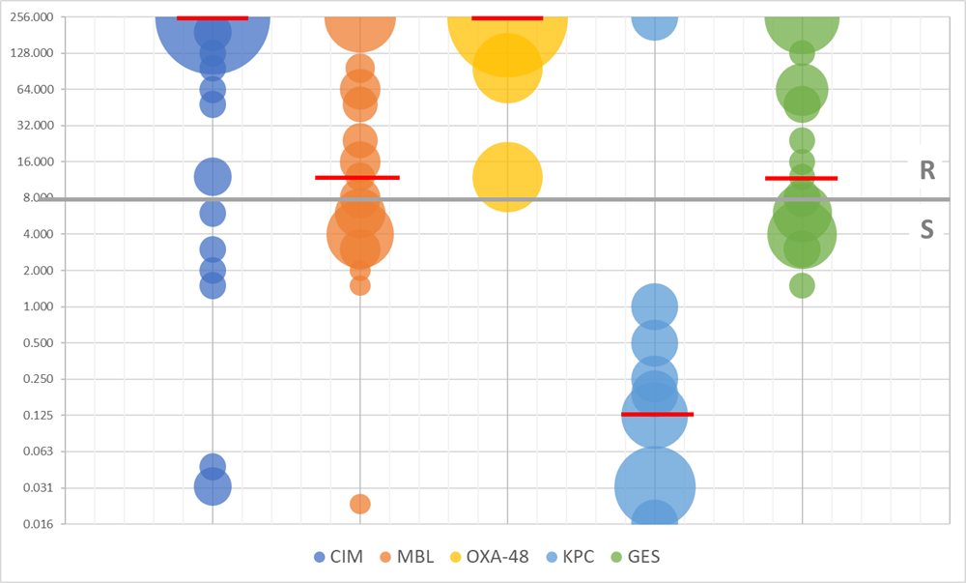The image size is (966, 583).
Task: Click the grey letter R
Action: [927, 171]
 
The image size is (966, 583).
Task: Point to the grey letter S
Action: [927, 230]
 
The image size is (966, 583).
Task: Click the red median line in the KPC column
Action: [658, 414]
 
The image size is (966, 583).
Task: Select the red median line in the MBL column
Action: [357, 177]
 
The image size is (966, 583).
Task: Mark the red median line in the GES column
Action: [801, 178]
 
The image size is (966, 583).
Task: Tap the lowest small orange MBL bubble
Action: [360, 504]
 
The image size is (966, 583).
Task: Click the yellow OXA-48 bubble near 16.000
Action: [507, 176]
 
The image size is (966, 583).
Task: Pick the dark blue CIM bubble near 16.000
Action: [213, 176]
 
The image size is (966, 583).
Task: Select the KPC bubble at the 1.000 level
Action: [654, 306]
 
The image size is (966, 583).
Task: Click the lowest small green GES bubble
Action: [802, 285]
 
